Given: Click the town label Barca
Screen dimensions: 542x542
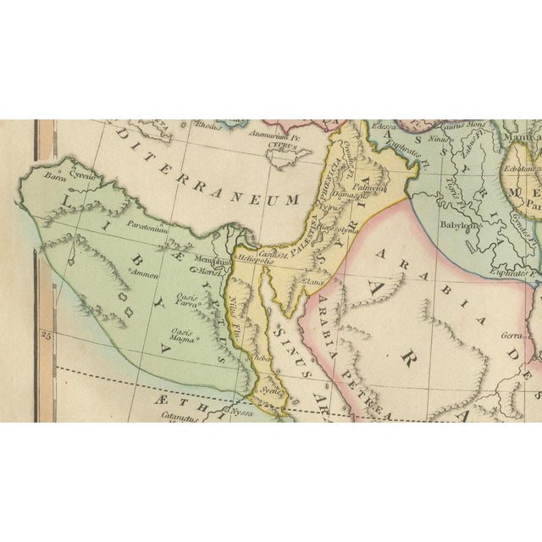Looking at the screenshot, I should (x=56, y=178).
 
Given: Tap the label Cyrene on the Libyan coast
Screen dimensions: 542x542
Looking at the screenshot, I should (x=82, y=175).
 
